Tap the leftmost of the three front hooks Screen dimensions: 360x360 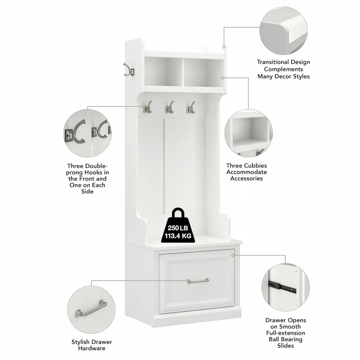[147, 107]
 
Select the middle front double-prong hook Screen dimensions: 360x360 [169, 107]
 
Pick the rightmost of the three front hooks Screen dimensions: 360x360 [191, 107]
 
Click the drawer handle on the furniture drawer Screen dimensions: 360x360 [198, 281]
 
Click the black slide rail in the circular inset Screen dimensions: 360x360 [282, 287]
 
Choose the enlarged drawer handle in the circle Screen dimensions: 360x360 [91, 309]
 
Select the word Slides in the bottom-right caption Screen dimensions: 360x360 [285, 346]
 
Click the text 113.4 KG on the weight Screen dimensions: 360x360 [178, 236]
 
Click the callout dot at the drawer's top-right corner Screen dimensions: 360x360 [233, 255]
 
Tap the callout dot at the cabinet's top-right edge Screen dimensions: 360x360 [224, 47]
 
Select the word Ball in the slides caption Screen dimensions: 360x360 [274, 339]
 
